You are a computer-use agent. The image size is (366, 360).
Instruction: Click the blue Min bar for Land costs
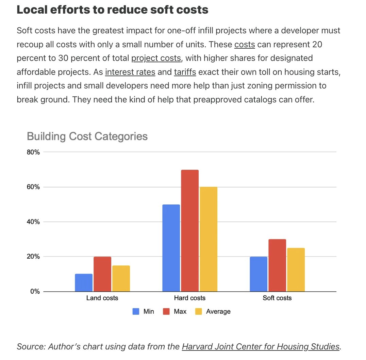(83, 282)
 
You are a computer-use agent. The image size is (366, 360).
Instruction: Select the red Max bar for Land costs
(102, 274)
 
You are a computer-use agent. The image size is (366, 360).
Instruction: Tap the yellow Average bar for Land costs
(121, 278)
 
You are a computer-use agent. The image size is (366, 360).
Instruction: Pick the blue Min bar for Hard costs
(171, 248)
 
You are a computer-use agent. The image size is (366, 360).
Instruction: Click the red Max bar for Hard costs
(190, 230)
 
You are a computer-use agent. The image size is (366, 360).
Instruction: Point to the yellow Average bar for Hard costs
(208, 239)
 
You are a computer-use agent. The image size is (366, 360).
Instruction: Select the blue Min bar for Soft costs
(259, 274)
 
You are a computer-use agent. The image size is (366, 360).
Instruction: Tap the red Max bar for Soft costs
(277, 265)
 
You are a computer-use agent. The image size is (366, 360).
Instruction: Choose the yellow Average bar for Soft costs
(296, 269)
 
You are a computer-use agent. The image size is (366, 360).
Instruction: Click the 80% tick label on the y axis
(33, 152)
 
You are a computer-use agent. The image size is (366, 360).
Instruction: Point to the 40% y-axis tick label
(33, 222)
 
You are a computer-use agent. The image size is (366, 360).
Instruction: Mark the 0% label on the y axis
(35, 292)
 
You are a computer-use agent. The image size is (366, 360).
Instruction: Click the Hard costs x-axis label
(190, 298)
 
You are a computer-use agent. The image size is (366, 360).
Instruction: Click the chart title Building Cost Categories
(87, 136)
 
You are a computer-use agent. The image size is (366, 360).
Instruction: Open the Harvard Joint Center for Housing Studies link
(261, 347)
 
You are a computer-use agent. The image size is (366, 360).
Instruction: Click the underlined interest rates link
(130, 72)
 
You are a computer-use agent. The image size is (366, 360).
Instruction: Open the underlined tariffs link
(185, 72)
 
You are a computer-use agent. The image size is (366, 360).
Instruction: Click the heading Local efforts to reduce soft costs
(112, 10)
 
